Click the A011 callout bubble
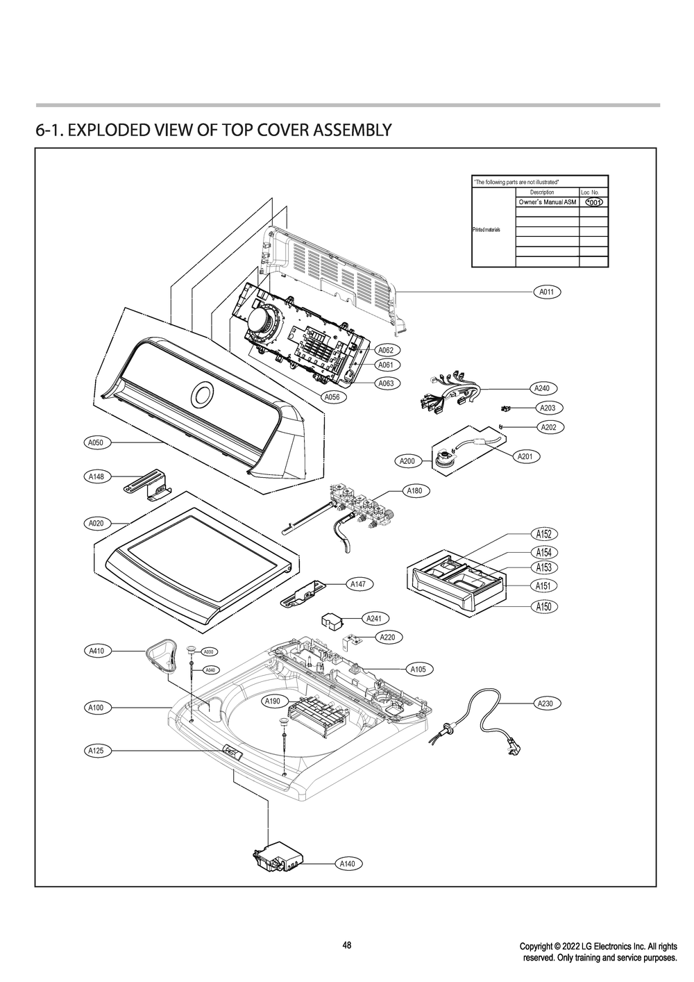[x=546, y=292]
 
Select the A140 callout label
[x=348, y=864]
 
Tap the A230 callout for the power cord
[x=545, y=704]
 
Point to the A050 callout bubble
[x=95, y=442]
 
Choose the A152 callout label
[x=544, y=534]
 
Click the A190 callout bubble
[x=273, y=702]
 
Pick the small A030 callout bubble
[x=208, y=651]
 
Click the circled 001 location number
[x=593, y=202]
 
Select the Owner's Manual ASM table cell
[x=548, y=202]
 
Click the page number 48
[x=347, y=945]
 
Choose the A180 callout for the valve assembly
[x=414, y=491]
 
